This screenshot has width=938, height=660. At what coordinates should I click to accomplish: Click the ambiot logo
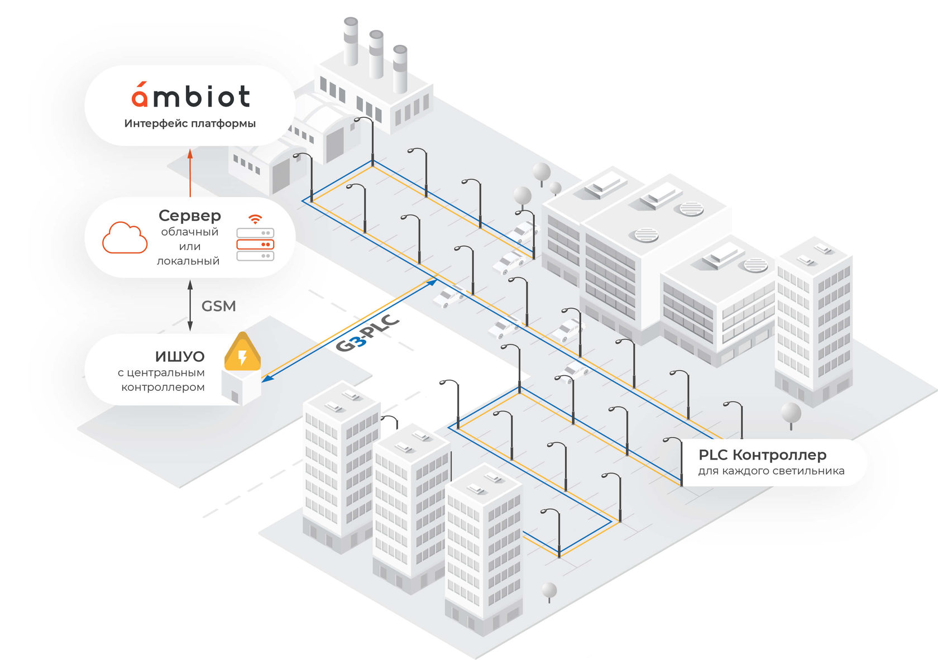190,96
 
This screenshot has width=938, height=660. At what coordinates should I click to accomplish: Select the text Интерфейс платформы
190,123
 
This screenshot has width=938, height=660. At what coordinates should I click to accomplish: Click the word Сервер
190,216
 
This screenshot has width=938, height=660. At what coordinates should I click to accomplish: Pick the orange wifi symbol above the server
255,219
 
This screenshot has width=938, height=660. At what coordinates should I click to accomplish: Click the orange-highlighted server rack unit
255,245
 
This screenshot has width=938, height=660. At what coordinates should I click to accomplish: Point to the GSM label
218,306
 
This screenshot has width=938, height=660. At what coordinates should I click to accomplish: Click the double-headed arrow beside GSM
190,305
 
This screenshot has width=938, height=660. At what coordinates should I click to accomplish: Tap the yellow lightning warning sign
242,353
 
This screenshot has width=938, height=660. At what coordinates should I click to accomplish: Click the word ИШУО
180,356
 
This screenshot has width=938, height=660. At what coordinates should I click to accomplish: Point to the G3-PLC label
367,334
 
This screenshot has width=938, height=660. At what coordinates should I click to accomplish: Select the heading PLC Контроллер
762,455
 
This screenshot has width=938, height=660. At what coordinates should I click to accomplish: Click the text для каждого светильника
771,471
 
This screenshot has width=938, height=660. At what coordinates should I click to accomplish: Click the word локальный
188,261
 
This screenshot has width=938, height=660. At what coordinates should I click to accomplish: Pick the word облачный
189,232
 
